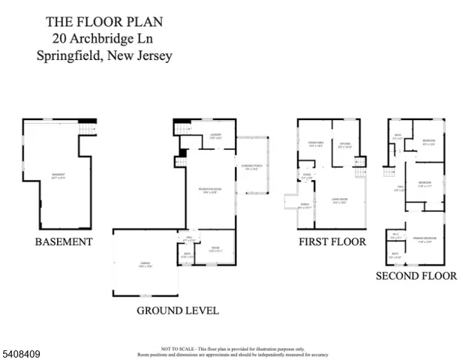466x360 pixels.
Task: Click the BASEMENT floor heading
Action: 64,242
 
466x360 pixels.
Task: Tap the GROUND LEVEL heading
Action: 178,310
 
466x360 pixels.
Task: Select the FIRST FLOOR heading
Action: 332,242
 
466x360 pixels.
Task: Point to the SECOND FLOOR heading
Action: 416,276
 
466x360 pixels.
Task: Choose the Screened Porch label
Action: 251,167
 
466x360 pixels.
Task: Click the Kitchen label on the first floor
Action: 344,145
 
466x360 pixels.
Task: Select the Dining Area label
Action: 315,145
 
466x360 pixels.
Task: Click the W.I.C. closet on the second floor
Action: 395,236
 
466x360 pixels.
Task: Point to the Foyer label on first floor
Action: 306,177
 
